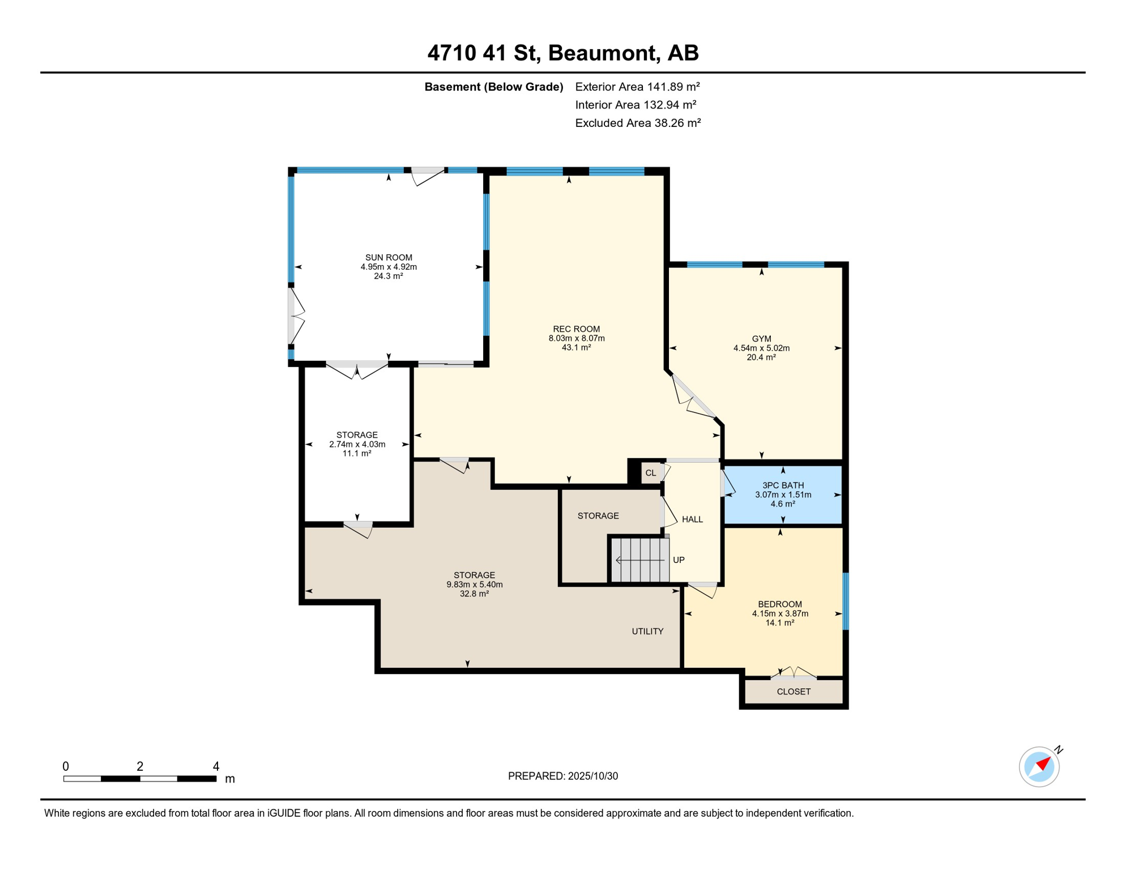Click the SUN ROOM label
[x=389, y=258]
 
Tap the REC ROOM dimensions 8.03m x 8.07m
[x=576, y=338]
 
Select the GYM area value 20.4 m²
[x=761, y=357]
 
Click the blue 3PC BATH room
[x=783, y=494]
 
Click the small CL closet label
[x=651, y=473]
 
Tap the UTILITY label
[x=647, y=631]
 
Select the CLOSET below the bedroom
[x=794, y=692]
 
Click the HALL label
[x=692, y=519]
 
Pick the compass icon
[x=1039, y=767]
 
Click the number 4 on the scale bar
[x=216, y=766]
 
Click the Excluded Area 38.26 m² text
[x=638, y=123]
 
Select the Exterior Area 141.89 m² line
[x=637, y=87]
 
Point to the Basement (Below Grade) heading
[x=493, y=87]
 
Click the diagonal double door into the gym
[x=693, y=396]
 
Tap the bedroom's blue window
[x=846, y=601]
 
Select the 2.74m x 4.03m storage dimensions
[x=357, y=444]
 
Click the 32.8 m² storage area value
[x=474, y=594]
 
